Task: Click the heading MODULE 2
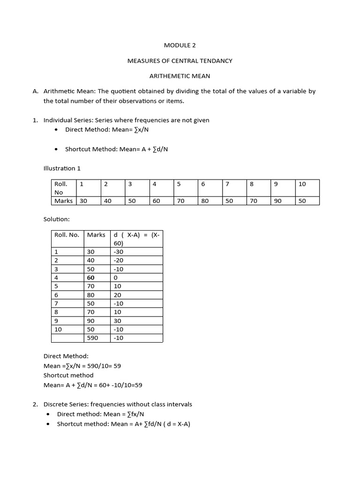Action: coord(180,45)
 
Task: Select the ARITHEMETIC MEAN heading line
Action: coord(180,76)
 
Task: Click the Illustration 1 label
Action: coord(62,168)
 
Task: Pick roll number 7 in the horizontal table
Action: coord(227,184)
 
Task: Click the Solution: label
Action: coord(56,219)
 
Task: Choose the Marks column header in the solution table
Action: coord(96,235)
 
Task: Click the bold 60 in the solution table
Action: coord(90,277)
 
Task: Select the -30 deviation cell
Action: coord(118,252)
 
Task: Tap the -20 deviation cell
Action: coord(118,260)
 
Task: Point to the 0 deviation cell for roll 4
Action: coord(116,277)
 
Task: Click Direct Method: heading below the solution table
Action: coord(66,356)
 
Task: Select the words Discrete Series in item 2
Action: coord(66,404)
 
